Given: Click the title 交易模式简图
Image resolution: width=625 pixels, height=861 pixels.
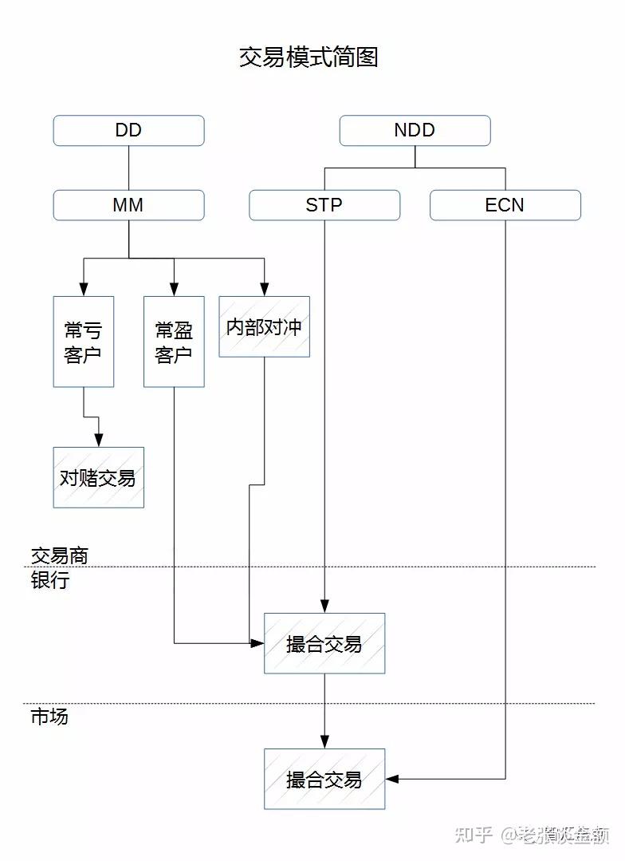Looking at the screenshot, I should pos(309,57).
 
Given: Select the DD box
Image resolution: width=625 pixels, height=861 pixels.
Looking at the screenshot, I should pos(128,131).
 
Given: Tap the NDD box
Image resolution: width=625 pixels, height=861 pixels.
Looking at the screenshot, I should pos(415,131).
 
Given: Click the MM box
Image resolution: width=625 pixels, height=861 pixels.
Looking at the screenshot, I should pos(128,205).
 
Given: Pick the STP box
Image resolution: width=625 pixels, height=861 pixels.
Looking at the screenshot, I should pos(324,205).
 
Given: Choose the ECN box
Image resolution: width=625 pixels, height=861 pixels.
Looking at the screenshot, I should pos(505,205).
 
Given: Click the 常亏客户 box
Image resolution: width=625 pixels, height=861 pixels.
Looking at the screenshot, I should pos(83,342).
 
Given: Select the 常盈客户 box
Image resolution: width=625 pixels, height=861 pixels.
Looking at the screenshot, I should pos(174,342).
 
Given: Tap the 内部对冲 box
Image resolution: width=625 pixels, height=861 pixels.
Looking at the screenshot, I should pos(264,326).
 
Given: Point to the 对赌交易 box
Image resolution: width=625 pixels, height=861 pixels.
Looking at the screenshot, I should pos(98,477).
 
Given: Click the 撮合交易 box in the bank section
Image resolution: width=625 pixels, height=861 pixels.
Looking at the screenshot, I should pos(324,643).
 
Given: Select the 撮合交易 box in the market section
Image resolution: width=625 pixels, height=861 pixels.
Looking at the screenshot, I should pos(324,779).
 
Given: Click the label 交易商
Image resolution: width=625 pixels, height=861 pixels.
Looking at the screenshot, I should pos(59,555).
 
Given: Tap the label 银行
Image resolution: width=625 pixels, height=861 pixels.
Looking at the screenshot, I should pos(49,581).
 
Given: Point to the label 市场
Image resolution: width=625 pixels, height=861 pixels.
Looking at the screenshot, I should pos(49,717).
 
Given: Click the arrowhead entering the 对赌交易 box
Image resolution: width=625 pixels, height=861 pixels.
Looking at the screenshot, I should pos(98,441).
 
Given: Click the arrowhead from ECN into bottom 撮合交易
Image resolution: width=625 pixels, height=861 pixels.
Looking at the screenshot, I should pos(391,779).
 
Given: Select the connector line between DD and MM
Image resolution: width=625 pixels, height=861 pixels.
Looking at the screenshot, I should pos(128,168).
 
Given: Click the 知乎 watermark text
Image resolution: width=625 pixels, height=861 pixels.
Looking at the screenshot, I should pos(472,835).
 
